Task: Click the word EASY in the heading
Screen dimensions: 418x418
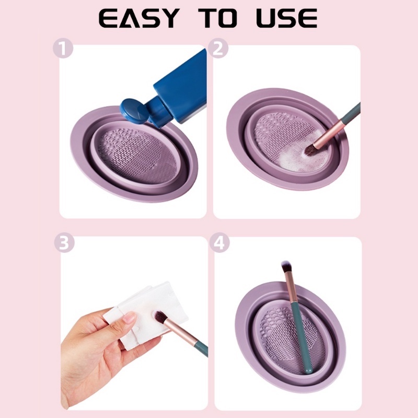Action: click(139, 18)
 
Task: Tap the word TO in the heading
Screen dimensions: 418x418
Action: click(218, 18)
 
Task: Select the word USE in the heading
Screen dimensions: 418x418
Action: click(287, 18)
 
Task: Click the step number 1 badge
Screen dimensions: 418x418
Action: click(63, 48)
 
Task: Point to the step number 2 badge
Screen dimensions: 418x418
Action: click(218, 48)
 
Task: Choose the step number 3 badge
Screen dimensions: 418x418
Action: click(64, 242)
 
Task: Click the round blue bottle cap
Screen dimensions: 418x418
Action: click(134, 111)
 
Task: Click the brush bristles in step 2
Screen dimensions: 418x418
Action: click(310, 150)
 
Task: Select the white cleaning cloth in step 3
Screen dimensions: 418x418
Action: click(145, 315)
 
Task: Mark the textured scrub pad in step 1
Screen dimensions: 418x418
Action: click(137, 155)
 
